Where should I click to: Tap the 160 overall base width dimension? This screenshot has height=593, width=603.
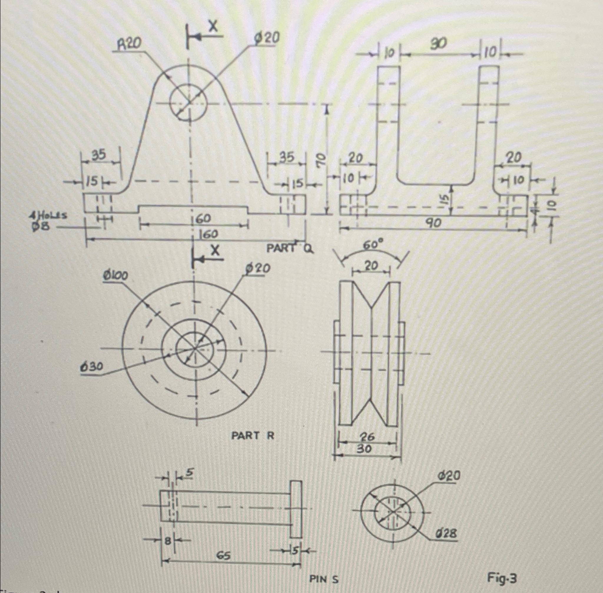tap(208, 234)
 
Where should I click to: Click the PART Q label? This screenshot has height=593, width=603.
tap(289, 248)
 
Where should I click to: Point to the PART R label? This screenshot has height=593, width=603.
tap(252, 436)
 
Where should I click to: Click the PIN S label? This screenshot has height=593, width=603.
tap(324, 579)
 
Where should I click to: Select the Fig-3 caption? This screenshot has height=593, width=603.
tap(502, 579)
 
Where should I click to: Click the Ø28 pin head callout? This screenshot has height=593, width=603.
tap(447, 534)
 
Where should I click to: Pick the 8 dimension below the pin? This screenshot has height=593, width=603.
tap(168, 541)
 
